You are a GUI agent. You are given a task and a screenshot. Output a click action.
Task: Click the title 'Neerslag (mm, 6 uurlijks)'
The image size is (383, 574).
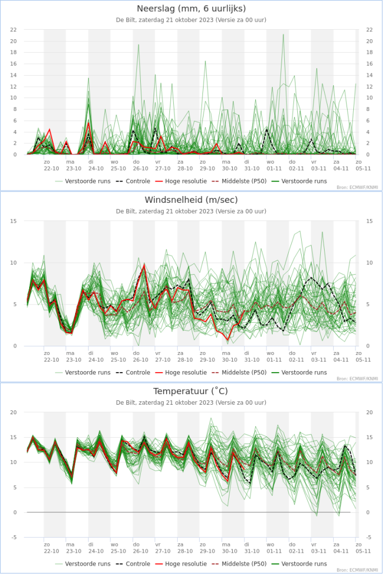point(191,8)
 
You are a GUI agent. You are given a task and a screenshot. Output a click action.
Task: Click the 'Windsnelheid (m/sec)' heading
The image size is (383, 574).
point(191,200)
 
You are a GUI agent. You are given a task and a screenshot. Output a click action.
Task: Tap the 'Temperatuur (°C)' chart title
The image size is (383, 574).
point(191,391)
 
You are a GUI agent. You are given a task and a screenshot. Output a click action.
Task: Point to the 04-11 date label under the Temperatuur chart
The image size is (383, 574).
point(340,550)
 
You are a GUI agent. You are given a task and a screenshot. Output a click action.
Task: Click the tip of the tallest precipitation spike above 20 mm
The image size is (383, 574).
point(283,34)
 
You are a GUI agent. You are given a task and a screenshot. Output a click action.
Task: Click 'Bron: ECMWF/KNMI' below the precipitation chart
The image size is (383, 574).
point(357,188)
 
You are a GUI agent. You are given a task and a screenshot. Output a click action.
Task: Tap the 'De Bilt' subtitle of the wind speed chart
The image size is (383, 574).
point(191,211)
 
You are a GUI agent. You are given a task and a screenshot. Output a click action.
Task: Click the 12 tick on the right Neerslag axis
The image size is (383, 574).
point(368,86)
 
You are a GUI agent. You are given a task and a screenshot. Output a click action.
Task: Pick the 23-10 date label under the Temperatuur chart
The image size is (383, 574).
point(73,550)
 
